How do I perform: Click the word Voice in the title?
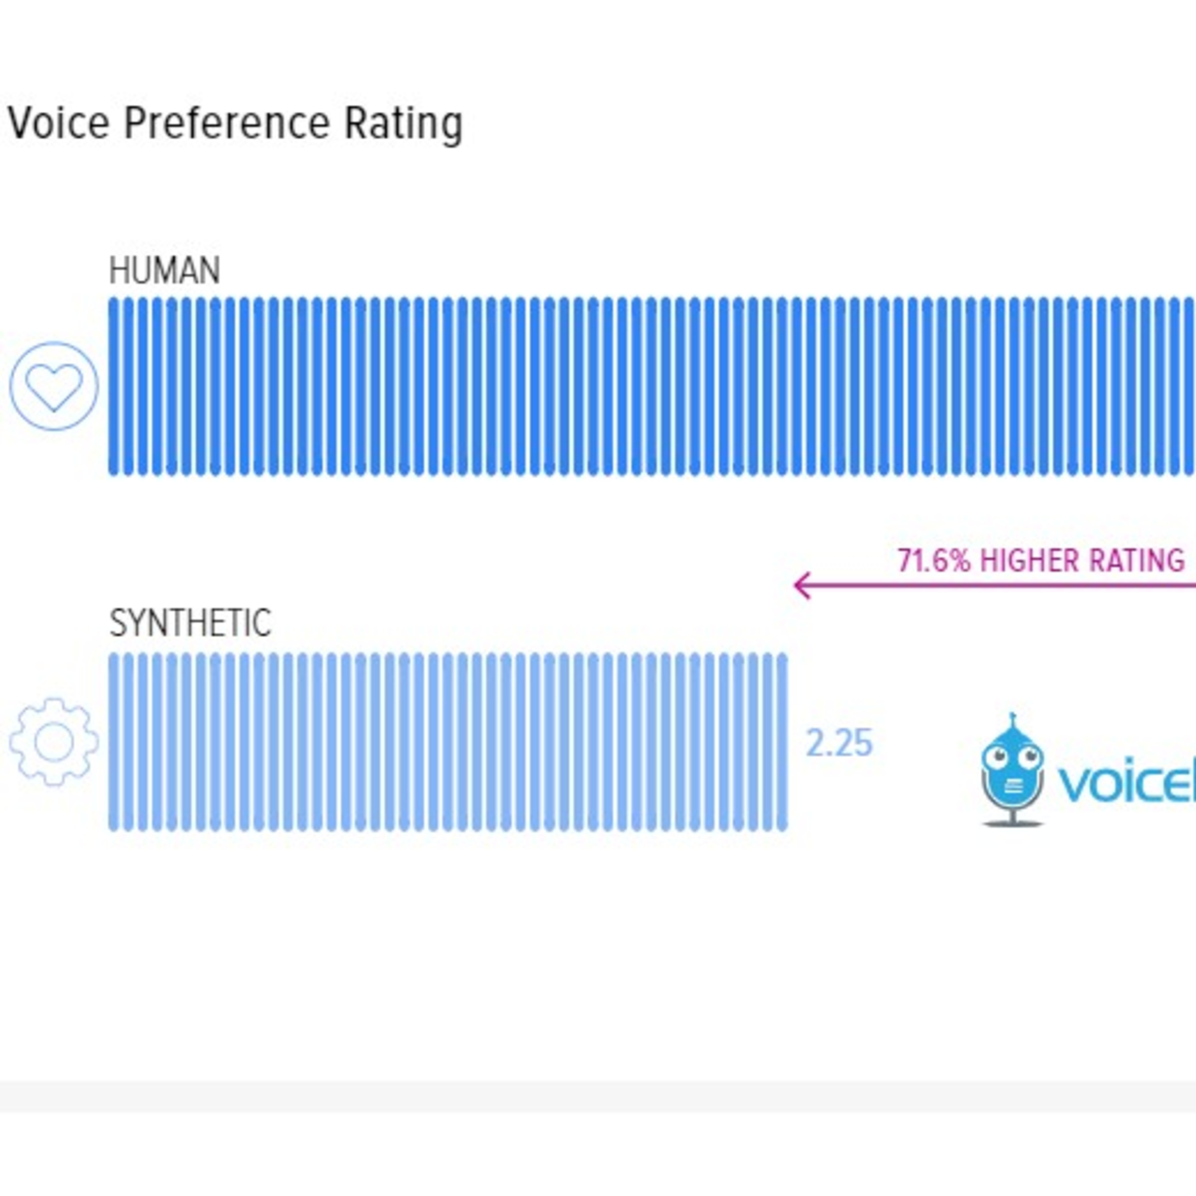coord(59,123)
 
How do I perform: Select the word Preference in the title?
coord(226,123)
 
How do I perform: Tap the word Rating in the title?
coord(403,123)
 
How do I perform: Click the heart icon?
coord(54,386)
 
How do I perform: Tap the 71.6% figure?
coord(934,561)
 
